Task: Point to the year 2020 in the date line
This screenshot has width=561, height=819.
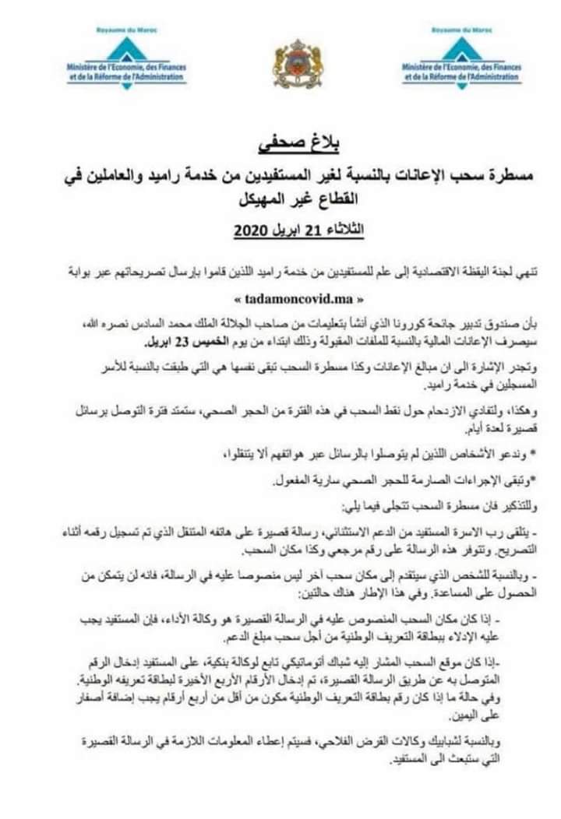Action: (x=252, y=233)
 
